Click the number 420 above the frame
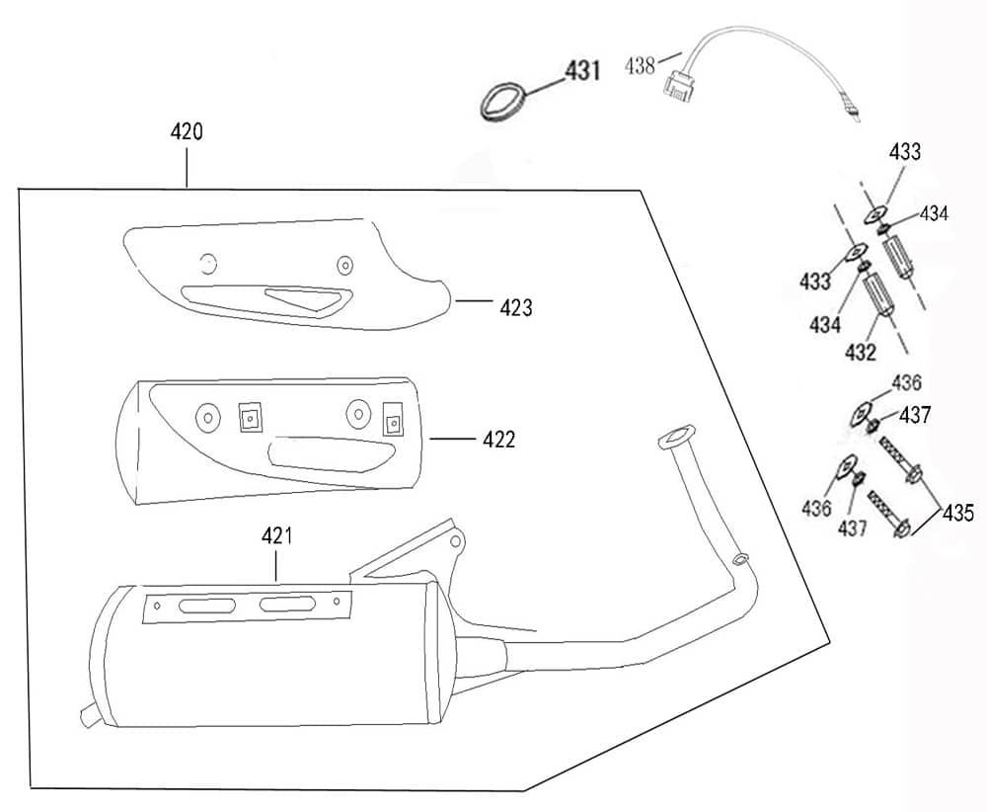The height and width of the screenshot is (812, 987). (187, 131)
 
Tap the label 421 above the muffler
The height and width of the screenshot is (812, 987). (277, 536)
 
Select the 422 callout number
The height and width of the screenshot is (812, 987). (498, 440)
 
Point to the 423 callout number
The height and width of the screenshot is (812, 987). (515, 307)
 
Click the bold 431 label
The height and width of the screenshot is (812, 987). (581, 71)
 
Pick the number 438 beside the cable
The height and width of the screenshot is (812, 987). (642, 66)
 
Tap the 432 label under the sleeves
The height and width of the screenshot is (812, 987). (861, 353)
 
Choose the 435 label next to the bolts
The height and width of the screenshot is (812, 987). (957, 513)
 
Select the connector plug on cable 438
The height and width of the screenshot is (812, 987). (677, 86)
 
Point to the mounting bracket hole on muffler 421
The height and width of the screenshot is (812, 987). (455, 542)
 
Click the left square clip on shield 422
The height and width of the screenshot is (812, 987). (249, 420)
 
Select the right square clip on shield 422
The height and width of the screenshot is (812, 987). (394, 422)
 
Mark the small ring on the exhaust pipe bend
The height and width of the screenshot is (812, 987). (739, 561)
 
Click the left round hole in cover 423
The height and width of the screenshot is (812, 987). (206, 263)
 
